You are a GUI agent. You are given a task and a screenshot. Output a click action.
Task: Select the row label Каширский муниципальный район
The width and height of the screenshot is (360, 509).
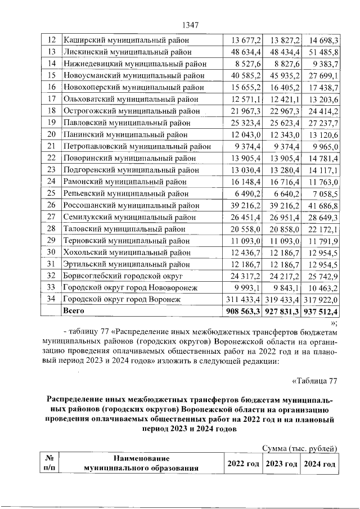tap(127, 40)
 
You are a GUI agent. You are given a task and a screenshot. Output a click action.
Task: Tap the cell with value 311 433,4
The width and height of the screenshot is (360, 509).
tap(243, 299)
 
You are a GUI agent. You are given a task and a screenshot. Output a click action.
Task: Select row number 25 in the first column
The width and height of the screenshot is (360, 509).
tap(51, 193)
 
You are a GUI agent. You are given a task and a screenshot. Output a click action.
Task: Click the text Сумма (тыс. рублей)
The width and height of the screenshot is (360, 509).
tap(300, 448)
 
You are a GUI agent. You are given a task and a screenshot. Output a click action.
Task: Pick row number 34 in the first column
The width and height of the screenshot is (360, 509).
tap(51, 299)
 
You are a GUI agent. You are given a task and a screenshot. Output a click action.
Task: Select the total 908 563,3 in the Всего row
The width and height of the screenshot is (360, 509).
tap(243, 311)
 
